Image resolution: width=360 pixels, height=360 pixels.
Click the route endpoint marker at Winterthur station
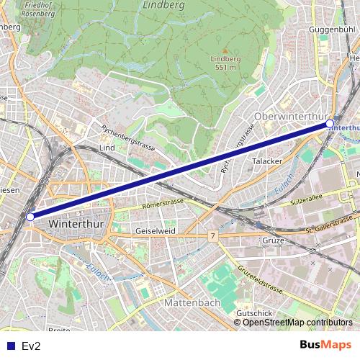30,216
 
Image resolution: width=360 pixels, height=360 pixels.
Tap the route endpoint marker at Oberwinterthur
330,124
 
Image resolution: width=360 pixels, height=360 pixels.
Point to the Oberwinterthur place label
291,116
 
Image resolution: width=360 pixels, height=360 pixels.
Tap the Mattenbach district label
192,303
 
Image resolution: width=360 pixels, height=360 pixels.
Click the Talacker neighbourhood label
267,161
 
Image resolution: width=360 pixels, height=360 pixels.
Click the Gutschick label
253,313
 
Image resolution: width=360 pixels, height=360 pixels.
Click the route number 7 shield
213,235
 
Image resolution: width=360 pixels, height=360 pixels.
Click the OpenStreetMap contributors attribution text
297,323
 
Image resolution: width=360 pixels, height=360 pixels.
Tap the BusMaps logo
325,345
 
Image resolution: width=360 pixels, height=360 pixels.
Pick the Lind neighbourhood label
107,148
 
